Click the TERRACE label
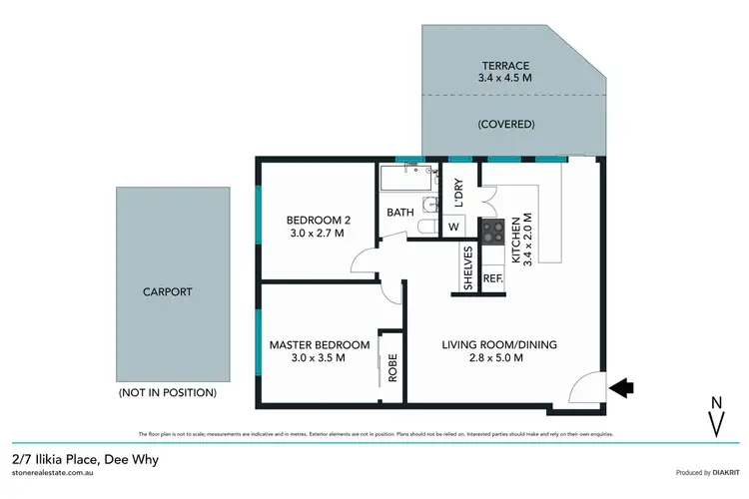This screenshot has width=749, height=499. pos(503,66)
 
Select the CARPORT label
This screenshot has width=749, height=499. pos(167,292)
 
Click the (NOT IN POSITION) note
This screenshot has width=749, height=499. pos(167,392)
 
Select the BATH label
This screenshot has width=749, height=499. pos(400,213)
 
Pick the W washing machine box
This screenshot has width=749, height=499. pos(453,227)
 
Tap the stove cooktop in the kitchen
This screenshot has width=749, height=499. pos(492,232)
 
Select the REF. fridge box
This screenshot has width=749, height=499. pos(492,280)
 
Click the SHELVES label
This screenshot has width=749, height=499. pos(466,269)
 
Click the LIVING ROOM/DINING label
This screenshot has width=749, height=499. pos(499,351)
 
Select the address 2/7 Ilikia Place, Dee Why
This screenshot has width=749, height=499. pos(86,460)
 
